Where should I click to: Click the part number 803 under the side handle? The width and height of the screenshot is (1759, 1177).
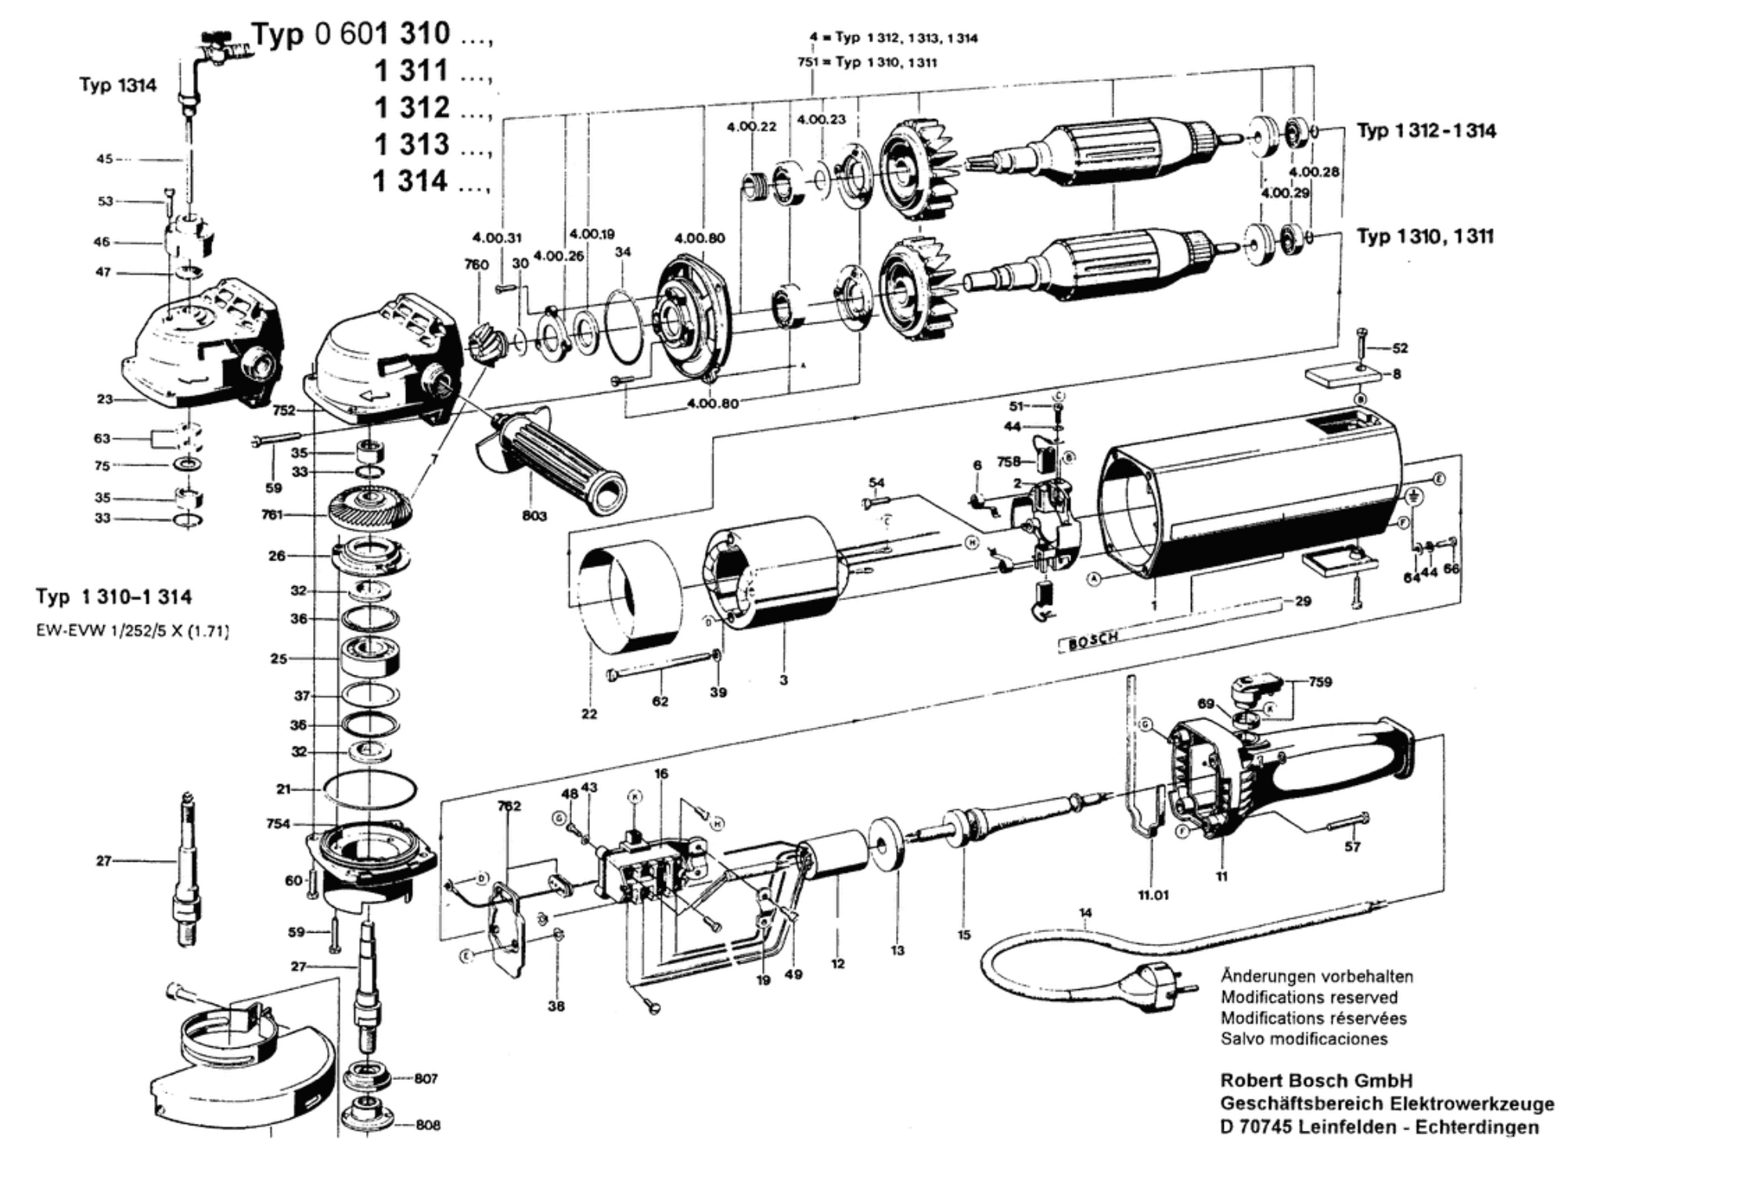point(534,516)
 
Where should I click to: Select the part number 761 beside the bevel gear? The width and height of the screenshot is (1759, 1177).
point(272,515)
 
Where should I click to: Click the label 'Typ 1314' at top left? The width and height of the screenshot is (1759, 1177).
point(117,85)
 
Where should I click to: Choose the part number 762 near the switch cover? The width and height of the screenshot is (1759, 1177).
point(508,806)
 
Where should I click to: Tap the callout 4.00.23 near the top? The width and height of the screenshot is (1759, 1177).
point(821,120)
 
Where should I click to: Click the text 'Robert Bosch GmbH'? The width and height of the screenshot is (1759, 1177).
point(1316,1081)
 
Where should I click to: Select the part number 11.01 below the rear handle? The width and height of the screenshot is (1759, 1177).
point(1153,894)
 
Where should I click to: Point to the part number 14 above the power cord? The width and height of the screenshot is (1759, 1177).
point(1085,912)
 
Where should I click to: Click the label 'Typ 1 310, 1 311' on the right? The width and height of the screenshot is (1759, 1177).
point(1425,236)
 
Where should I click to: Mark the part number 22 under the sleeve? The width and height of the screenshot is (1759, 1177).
point(589,713)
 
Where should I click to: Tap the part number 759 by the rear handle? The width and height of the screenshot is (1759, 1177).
point(1320,682)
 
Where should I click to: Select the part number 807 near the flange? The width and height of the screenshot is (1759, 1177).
point(426,1078)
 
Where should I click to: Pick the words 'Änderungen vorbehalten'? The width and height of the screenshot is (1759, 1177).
point(1317,977)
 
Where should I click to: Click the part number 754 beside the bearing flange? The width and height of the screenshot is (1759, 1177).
point(278,823)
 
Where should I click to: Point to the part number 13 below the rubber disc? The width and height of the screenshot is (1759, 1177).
point(897,950)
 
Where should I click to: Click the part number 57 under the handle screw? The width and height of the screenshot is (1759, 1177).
point(1352,847)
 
